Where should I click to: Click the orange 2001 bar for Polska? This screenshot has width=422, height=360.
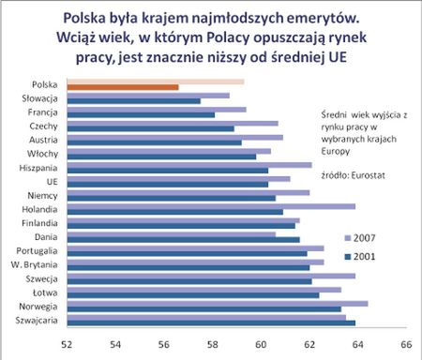[123, 87]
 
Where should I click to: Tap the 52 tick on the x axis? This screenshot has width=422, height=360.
[68, 345]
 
